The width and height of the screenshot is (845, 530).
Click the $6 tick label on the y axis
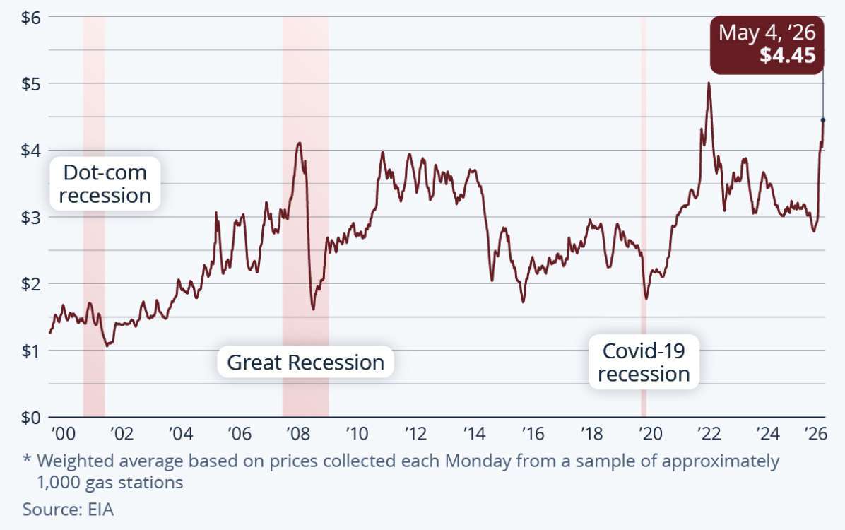[x=30, y=17]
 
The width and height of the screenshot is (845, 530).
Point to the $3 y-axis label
[x=30, y=217]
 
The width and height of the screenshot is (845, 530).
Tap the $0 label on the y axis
[x=30, y=418]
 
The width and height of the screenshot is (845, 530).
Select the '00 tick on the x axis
[x=63, y=433]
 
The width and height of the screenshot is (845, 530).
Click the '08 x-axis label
[x=298, y=433]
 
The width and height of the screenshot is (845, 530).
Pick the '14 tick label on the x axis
[x=474, y=433]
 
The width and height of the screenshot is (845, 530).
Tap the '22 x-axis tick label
[x=709, y=433]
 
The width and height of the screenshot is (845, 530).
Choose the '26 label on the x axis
[x=815, y=433]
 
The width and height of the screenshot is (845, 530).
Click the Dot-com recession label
[x=105, y=184]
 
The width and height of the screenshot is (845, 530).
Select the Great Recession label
[x=305, y=363]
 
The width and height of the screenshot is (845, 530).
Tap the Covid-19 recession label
[x=644, y=363]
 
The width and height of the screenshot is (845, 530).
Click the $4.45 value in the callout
[x=788, y=56]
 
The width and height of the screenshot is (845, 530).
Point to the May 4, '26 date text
[x=767, y=33]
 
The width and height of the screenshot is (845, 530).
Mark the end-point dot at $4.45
[x=823, y=119]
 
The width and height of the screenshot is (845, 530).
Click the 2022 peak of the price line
[x=709, y=83]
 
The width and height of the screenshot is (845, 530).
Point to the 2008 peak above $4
[x=299, y=143]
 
